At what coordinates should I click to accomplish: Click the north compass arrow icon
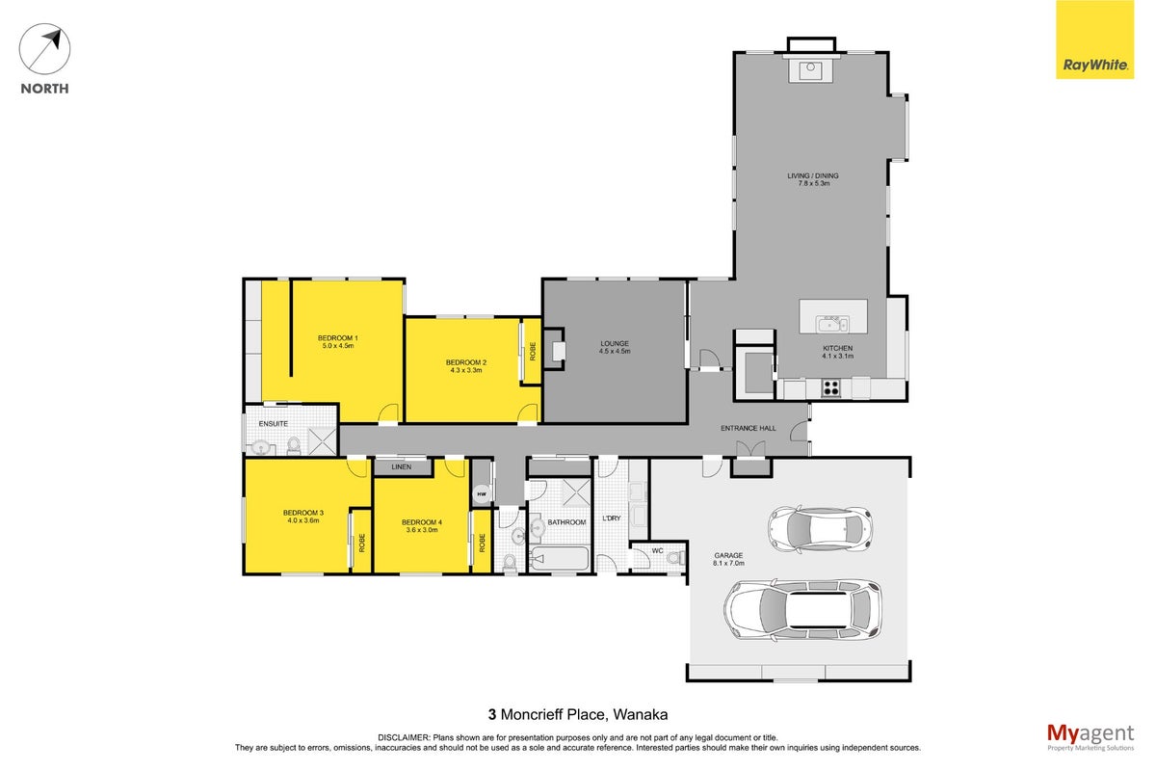(44, 48)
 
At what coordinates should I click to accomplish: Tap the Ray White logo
(1094, 40)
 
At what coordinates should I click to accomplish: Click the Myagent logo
(1090, 737)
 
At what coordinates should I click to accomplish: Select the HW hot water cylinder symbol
(482, 494)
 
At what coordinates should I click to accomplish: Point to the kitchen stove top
(830, 387)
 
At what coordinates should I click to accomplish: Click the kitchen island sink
(831, 325)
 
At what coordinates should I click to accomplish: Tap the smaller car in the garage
(820, 529)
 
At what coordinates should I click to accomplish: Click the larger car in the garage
(801, 610)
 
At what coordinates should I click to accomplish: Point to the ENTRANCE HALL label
(749, 428)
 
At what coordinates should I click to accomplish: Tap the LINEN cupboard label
(402, 466)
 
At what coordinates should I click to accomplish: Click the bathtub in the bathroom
(560, 558)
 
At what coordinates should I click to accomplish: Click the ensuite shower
(322, 441)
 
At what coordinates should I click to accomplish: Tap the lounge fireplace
(554, 350)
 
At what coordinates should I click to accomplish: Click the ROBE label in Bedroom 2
(533, 351)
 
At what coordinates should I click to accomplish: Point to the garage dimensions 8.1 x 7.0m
(728, 563)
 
